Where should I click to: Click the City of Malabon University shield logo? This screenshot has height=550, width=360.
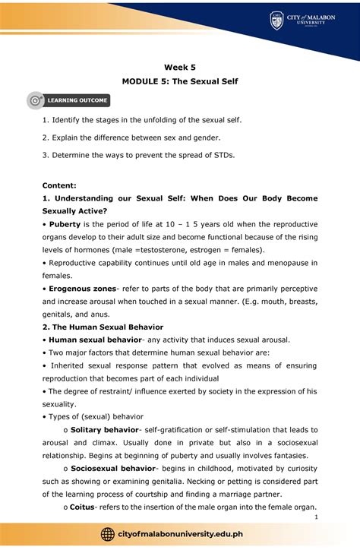tap(276, 21)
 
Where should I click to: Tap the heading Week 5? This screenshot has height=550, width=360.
tap(179, 67)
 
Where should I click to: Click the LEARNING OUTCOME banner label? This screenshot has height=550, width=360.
tap(78, 100)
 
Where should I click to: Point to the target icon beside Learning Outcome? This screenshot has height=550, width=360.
tap(35, 100)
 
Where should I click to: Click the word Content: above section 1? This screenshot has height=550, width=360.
tap(63, 185)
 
